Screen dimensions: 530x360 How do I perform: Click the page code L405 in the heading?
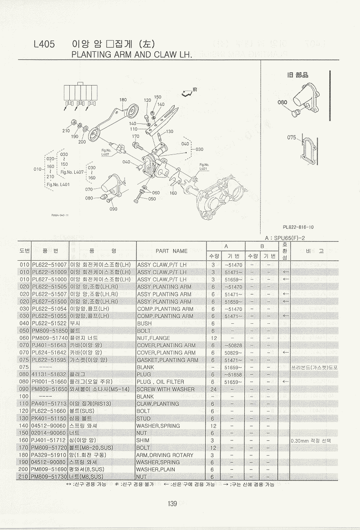coord(44,44)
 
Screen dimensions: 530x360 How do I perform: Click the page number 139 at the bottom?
coord(172,503)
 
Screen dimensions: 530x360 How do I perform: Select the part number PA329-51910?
coord(49,455)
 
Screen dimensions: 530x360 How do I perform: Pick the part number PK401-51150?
coord(49,418)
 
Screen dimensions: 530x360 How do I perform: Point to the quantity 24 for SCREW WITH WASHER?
coord(212,389)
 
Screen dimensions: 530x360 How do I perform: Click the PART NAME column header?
coord(171,251)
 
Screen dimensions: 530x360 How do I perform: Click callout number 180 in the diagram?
coord(122,100)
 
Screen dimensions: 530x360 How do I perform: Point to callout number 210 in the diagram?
coord(66,131)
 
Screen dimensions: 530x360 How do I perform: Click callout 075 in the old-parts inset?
coord(292,137)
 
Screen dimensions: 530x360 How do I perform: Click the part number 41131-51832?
coord(49,374)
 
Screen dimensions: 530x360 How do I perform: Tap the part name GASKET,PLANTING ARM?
coord(167,360)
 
